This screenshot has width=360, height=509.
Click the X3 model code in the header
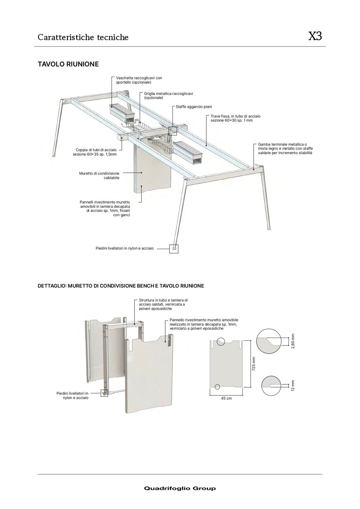tap(315, 36)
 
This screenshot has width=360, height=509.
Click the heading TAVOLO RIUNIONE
tap(68, 64)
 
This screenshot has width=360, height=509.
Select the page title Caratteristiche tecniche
tap(83, 37)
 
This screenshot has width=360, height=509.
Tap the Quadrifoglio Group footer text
tap(180, 488)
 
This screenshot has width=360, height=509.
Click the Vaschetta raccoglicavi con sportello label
tap(139, 80)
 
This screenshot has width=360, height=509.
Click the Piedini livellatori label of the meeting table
tap(125, 248)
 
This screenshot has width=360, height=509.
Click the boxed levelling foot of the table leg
tap(174, 248)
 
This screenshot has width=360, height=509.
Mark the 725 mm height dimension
tap(254, 364)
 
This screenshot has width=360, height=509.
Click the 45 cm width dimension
tap(226, 398)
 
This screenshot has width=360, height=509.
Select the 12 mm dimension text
tap(292, 386)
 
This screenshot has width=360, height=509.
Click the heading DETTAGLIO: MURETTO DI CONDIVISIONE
tap(121, 286)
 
